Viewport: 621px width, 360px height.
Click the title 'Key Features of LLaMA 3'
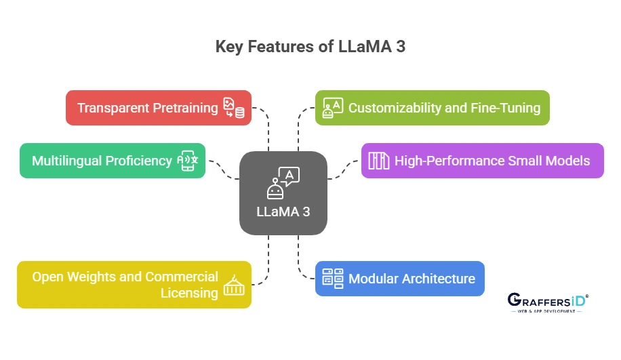pos(310,47)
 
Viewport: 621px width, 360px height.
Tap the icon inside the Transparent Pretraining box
pos(234,108)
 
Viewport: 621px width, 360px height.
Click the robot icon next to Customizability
pos(333,108)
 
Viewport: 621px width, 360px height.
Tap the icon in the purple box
pos(378,161)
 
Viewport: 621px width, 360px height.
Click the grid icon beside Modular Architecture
pos(333,279)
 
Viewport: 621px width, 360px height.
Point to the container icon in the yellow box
pos(234,285)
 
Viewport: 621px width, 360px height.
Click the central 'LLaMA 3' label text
pos(283,212)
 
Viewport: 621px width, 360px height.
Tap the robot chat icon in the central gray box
pos(283,182)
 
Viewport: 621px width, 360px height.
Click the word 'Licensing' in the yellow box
pos(189,293)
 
